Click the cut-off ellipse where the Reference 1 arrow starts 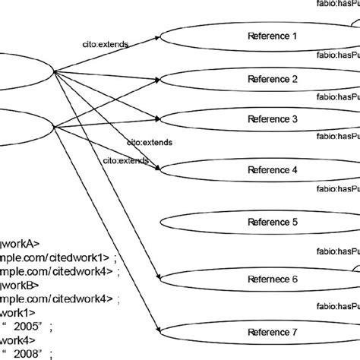point(23,72)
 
